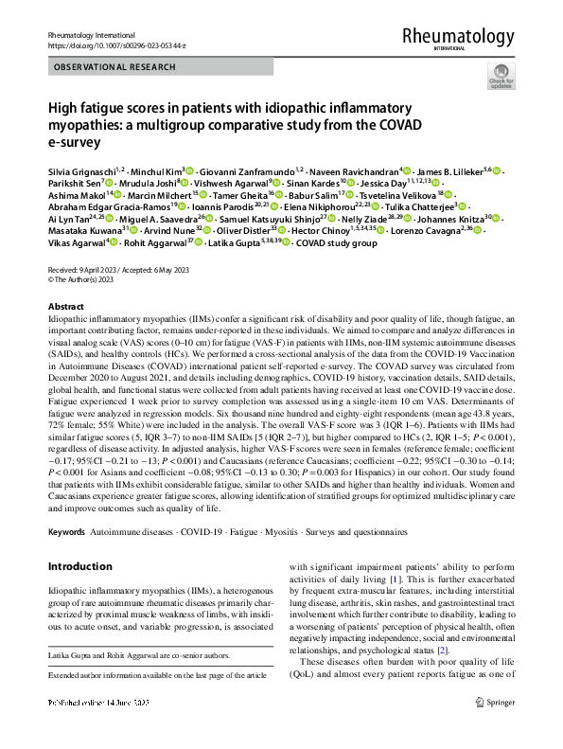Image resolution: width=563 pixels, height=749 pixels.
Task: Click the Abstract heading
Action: pos(65,308)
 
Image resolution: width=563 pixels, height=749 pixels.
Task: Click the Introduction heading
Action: pos(80,567)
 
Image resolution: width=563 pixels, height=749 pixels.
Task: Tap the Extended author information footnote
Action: pos(151,702)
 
